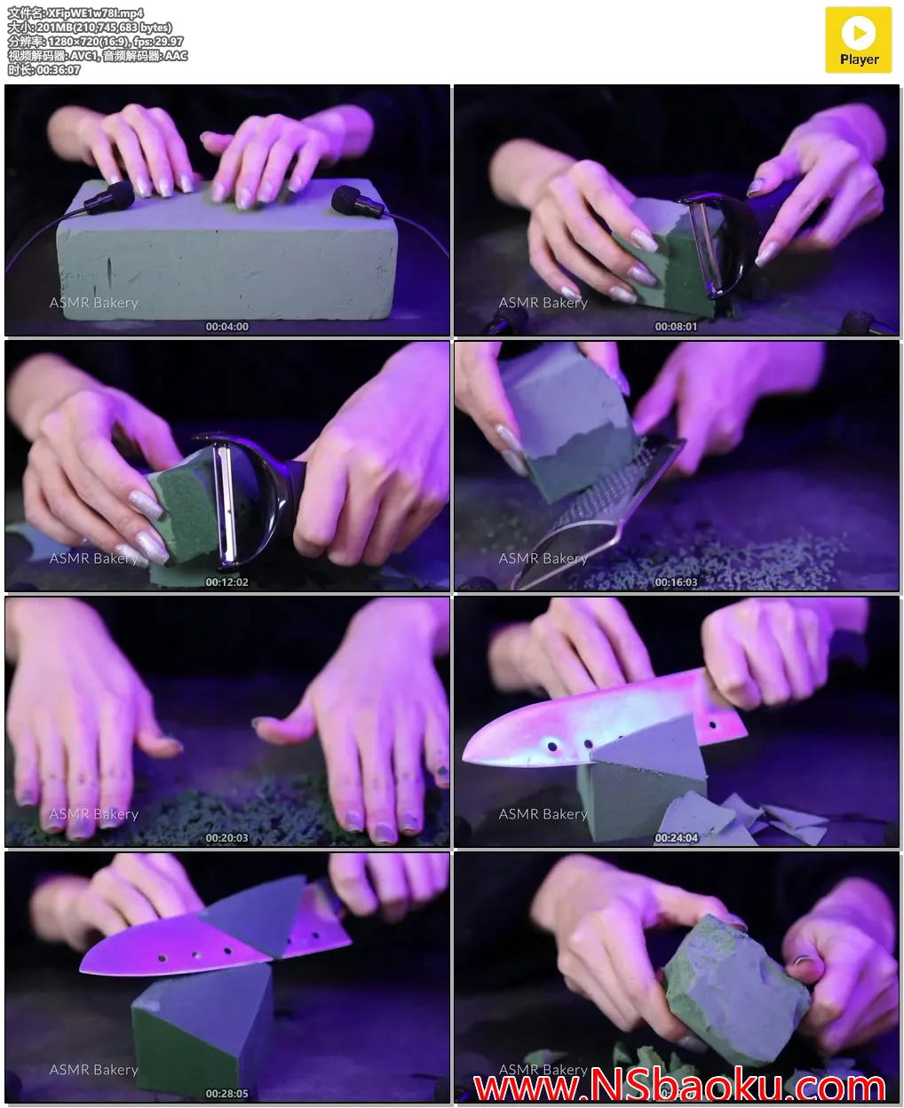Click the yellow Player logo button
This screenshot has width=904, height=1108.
[x=858, y=40]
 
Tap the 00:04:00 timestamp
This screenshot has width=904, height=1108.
[x=226, y=326]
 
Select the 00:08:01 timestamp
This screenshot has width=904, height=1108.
[x=676, y=326]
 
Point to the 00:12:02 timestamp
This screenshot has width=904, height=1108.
[x=226, y=582]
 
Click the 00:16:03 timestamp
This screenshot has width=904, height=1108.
[x=676, y=582]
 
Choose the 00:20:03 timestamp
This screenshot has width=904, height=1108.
[x=226, y=837]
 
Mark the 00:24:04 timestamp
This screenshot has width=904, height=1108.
[x=676, y=837]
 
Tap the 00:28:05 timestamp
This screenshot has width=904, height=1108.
[x=226, y=1093]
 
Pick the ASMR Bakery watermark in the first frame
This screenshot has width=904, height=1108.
[x=93, y=303]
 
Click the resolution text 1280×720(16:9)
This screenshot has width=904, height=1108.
[x=90, y=41]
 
